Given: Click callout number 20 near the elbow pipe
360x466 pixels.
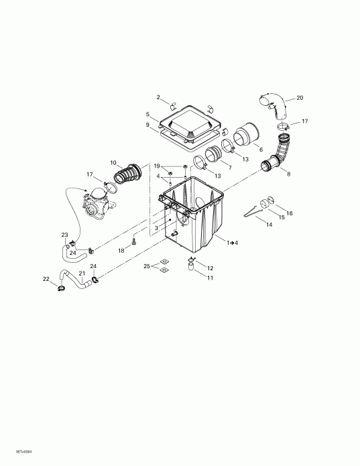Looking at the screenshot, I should (x=299, y=99).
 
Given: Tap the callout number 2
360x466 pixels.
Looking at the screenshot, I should (x=158, y=98).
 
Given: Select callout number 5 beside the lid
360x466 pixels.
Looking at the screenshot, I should (x=147, y=115).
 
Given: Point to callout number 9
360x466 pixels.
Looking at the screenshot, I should (x=147, y=125).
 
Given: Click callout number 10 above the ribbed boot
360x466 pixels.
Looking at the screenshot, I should (x=113, y=162).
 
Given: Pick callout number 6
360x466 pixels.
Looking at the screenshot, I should (x=261, y=150).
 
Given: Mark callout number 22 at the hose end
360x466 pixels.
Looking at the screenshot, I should (x=46, y=279).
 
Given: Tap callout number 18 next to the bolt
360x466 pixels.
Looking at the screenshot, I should (x=121, y=250).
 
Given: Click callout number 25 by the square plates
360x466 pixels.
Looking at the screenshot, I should (x=146, y=267).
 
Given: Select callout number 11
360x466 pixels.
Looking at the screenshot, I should (x=210, y=278).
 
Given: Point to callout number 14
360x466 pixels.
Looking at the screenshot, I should (x=269, y=225).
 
